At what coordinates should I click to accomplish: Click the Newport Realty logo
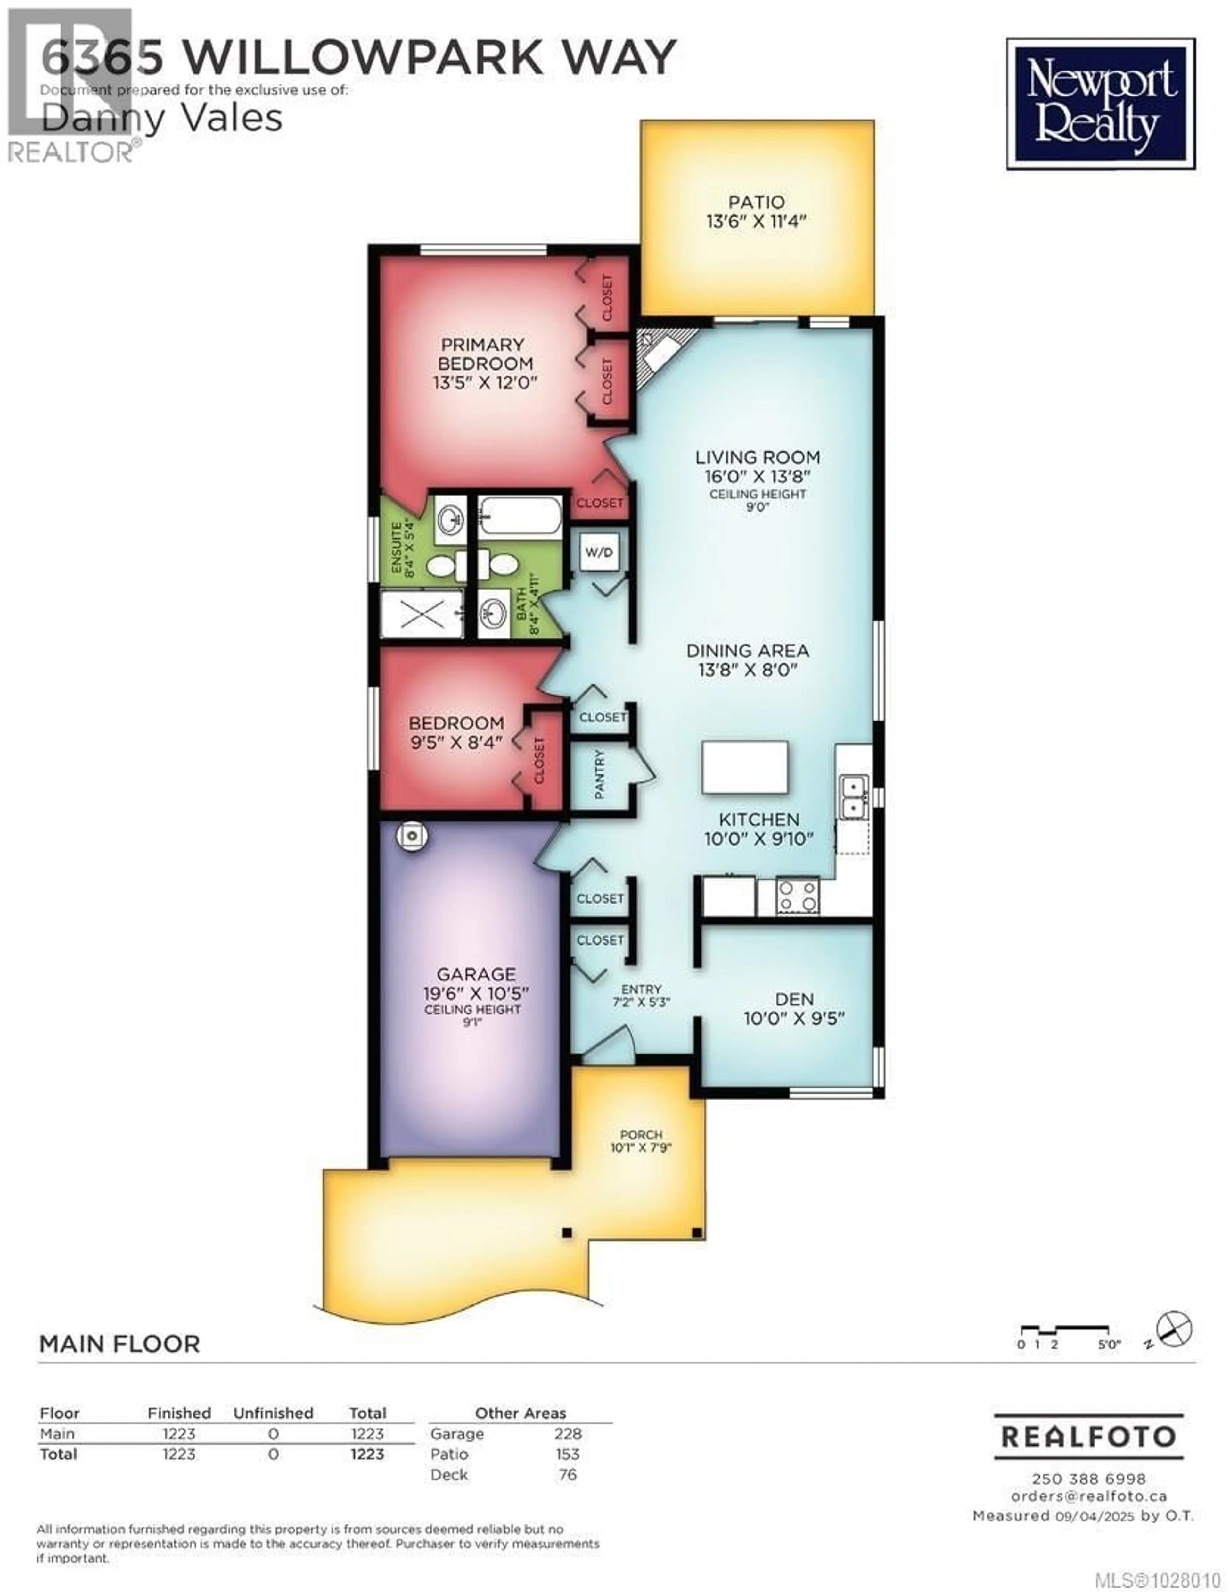[x=1100, y=104]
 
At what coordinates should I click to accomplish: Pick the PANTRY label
[x=600, y=774]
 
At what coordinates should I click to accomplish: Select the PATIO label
[x=756, y=202]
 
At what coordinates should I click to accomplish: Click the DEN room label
[x=794, y=999]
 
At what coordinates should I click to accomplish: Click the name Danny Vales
[x=162, y=118]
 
